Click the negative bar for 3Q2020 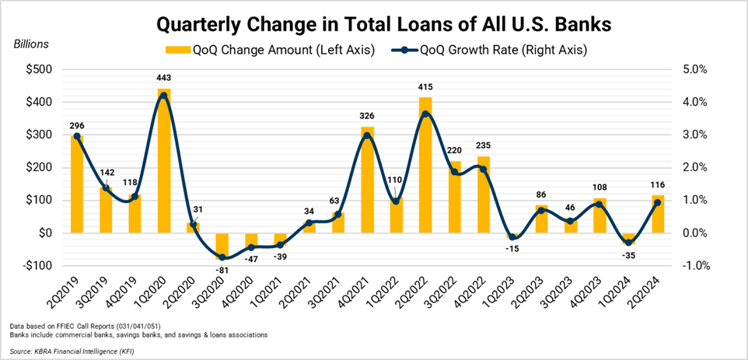tap(222, 245)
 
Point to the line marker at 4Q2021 tap(367, 135)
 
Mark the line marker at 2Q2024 tap(657, 203)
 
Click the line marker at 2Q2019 tap(76, 136)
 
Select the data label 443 tap(163, 79)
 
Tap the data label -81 tap(222, 270)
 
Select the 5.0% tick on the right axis tap(694, 69)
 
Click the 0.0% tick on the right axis tap(694, 232)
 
